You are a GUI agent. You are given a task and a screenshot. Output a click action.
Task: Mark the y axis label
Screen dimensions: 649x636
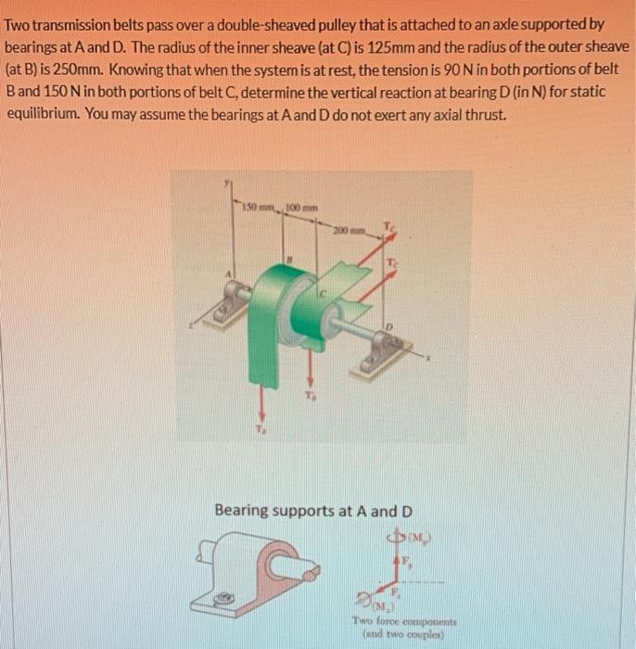click(223, 185)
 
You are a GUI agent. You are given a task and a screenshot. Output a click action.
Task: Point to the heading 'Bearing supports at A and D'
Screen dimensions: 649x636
click(313, 511)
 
